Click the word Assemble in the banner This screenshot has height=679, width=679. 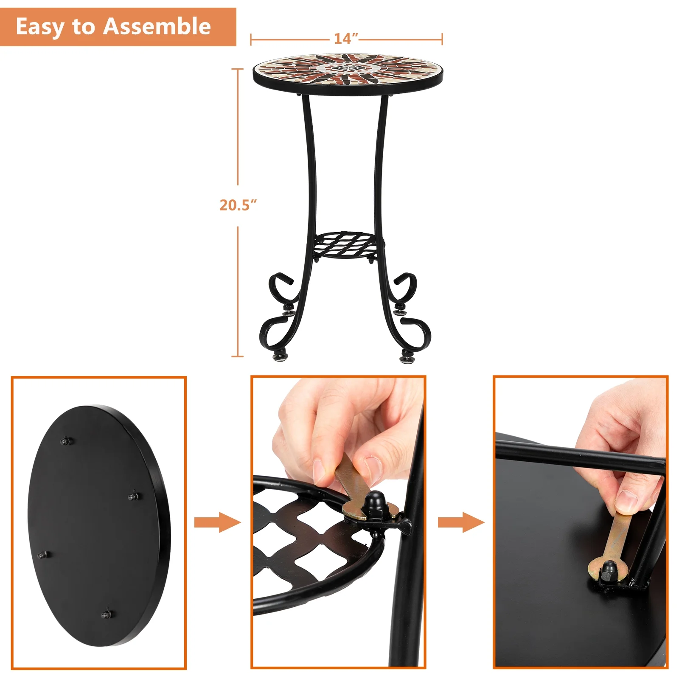click(157, 26)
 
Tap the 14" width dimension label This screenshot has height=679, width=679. click(346, 39)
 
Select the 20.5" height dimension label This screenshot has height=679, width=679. click(238, 205)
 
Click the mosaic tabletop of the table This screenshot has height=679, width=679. click(348, 70)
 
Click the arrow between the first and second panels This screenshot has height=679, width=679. click(217, 522)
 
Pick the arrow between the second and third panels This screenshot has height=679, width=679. click(461, 522)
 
